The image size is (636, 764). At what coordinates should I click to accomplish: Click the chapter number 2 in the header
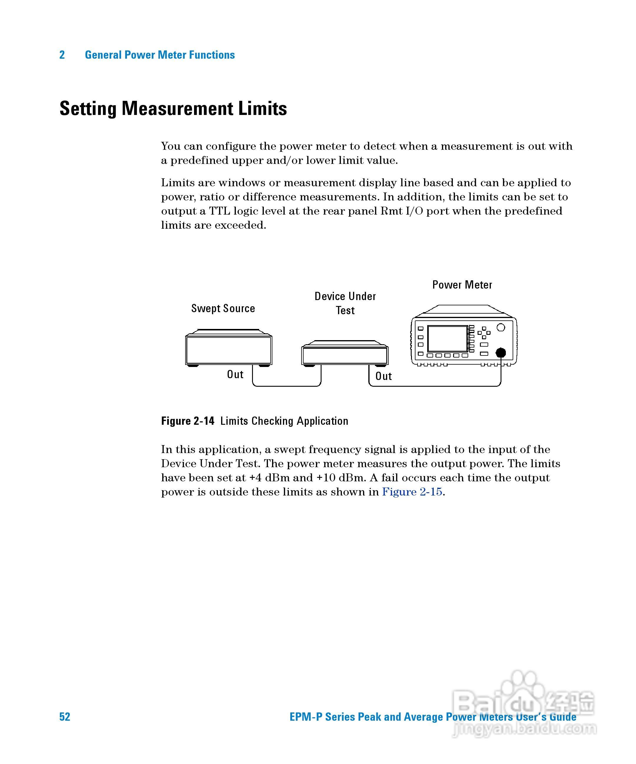tap(62, 55)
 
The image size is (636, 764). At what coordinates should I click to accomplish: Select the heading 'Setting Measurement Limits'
tap(173, 108)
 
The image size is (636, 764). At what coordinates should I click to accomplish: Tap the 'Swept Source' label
tap(223, 309)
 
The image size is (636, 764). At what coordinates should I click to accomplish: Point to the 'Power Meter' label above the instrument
tap(462, 285)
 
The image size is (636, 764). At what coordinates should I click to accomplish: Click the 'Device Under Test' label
tap(345, 303)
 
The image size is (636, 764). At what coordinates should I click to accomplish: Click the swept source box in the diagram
tap(228, 350)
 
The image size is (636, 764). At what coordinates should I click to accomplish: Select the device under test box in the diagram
tap(344, 355)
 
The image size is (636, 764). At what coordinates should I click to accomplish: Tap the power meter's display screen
tap(447, 339)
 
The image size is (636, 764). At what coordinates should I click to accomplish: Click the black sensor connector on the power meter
tap(501, 353)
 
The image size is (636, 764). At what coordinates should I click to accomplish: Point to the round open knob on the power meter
tap(501, 327)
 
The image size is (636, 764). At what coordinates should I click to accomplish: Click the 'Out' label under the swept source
tap(235, 374)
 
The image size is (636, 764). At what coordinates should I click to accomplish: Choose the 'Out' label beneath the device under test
tap(383, 376)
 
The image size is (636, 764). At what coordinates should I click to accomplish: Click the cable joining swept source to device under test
tap(287, 386)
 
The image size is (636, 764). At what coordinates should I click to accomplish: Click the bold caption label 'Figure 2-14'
tap(188, 421)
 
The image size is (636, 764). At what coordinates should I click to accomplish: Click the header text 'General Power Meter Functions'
tap(160, 55)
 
